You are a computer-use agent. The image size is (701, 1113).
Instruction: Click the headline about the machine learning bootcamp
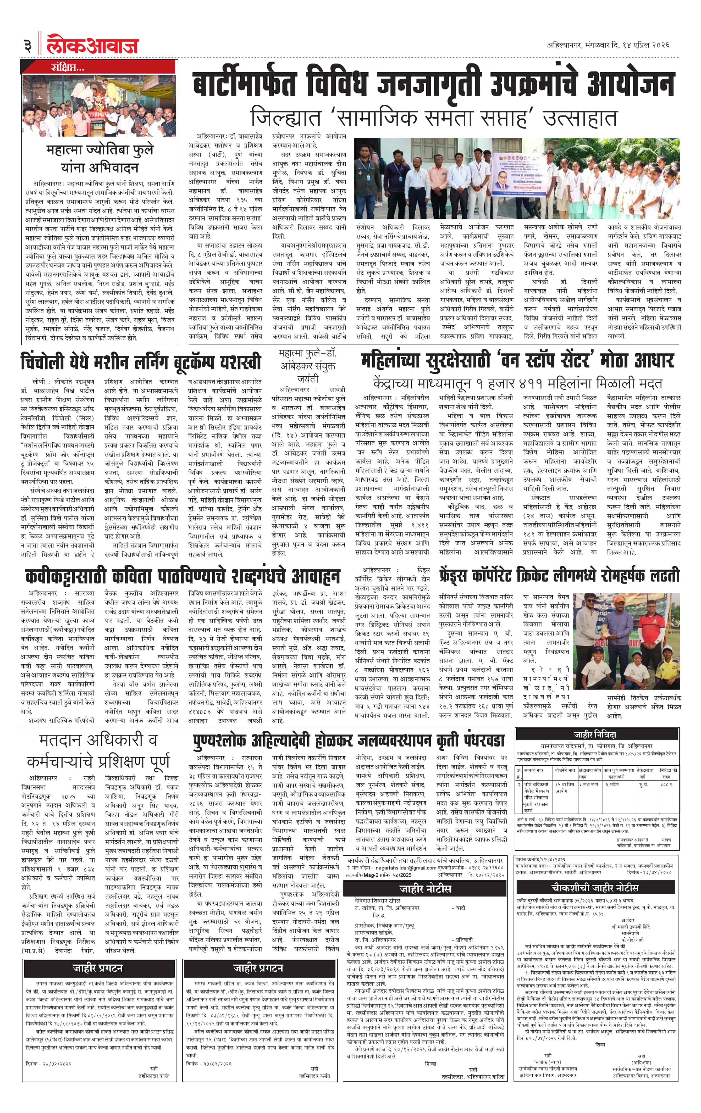coord(141,362)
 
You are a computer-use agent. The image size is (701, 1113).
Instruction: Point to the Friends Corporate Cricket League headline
coord(560,575)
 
